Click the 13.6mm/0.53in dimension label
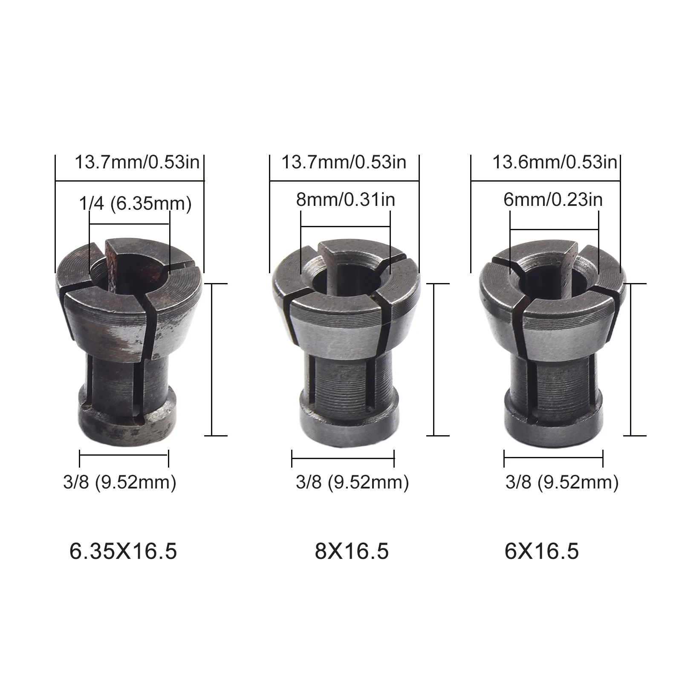click(555, 162)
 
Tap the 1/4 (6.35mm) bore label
click(135, 204)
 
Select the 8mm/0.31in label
click(345, 199)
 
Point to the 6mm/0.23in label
click(553, 199)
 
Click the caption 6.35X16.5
click(123, 552)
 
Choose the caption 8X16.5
click(352, 552)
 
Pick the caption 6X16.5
click(541, 552)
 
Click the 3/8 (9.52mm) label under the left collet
click(119, 482)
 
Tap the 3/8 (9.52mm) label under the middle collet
click(352, 482)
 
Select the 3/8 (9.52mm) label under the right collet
click(562, 482)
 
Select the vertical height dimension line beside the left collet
click(212, 359)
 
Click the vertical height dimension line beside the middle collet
click(434, 359)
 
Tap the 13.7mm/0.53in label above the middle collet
click(344, 162)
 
